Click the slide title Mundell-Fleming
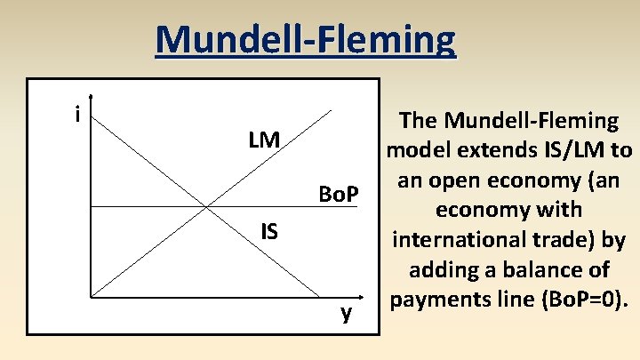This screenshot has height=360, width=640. [305, 39]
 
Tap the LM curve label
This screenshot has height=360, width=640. [264, 140]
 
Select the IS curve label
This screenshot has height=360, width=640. [269, 232]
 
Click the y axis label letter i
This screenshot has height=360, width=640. [77, 115]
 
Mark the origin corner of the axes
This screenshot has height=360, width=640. [91, 295]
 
